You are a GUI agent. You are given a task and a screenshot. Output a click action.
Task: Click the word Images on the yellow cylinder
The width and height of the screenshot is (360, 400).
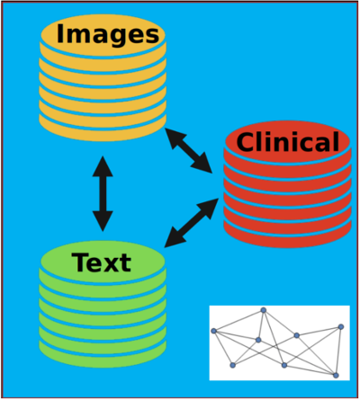(108, 35)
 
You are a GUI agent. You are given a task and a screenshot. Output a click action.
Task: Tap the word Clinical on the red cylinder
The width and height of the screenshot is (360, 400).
(288, 142)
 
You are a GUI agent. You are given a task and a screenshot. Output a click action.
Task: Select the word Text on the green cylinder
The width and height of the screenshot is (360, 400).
(102, 262)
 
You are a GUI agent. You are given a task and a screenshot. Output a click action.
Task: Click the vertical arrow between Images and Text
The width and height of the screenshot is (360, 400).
(103, 193)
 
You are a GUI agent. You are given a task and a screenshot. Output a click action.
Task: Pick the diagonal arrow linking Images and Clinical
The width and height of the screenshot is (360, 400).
(189, 151)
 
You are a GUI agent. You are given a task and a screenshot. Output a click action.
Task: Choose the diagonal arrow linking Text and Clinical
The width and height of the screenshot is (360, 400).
(192, 223)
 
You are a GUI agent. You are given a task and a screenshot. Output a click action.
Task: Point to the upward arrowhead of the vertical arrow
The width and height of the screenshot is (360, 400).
(103, 166)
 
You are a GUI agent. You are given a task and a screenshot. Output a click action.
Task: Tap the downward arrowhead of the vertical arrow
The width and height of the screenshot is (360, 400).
(103, 221)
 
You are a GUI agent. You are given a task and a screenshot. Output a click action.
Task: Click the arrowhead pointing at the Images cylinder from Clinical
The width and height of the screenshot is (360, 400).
(174, 138)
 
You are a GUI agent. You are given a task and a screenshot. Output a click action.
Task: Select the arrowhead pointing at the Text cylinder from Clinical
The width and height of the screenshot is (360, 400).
(174, 239)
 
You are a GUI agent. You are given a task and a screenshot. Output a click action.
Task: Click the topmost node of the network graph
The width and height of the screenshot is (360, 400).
(264, 310)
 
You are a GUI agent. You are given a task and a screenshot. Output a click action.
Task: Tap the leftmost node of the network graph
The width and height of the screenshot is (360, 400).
(213, 331)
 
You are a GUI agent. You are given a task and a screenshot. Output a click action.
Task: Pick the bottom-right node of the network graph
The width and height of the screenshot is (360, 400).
(336, 375)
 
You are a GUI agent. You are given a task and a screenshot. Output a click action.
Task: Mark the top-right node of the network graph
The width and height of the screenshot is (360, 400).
(341, 326)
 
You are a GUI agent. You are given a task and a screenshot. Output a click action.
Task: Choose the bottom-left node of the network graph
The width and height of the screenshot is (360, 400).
(232, 365)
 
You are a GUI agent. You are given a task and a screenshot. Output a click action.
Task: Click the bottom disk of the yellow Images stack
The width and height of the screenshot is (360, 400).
(103, 129)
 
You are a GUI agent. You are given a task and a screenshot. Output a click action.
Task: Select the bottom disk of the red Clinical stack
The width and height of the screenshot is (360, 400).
(287, 236)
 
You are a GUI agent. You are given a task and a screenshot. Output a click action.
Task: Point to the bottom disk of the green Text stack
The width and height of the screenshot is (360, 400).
(103, 356)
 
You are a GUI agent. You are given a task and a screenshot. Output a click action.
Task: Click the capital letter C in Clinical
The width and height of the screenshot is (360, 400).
(247, 142)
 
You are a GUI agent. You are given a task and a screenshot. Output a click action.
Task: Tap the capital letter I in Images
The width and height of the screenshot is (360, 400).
(60, 33)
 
